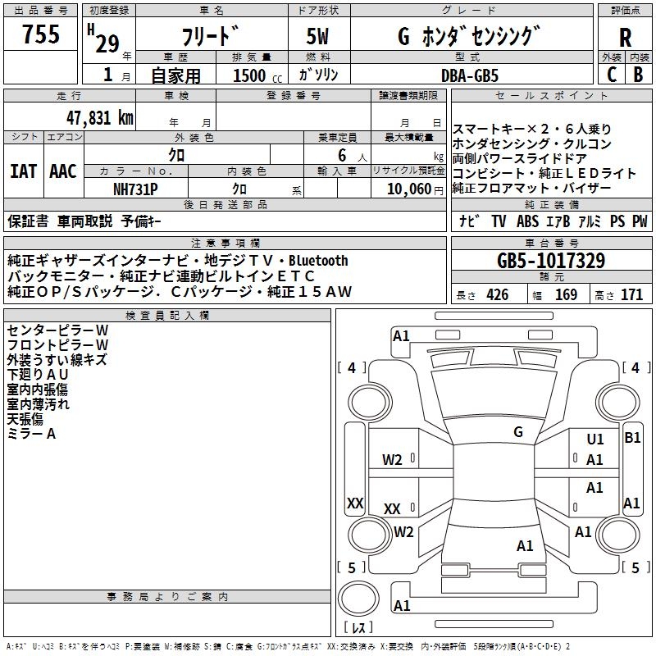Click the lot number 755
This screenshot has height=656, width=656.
41,34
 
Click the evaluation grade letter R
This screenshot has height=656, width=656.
625,38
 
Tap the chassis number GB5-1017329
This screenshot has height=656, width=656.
550,262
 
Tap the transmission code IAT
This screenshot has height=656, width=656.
23,171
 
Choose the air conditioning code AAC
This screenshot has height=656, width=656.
63,171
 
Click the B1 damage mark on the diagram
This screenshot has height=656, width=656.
632,438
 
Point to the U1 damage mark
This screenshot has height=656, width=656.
595,440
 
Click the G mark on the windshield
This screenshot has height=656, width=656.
518,432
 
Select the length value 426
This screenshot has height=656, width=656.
497,294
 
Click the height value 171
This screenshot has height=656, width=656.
631,294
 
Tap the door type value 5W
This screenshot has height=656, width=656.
319,37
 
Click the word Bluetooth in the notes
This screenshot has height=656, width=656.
318,261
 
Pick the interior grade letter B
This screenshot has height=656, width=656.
637,74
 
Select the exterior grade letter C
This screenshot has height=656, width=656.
612,74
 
